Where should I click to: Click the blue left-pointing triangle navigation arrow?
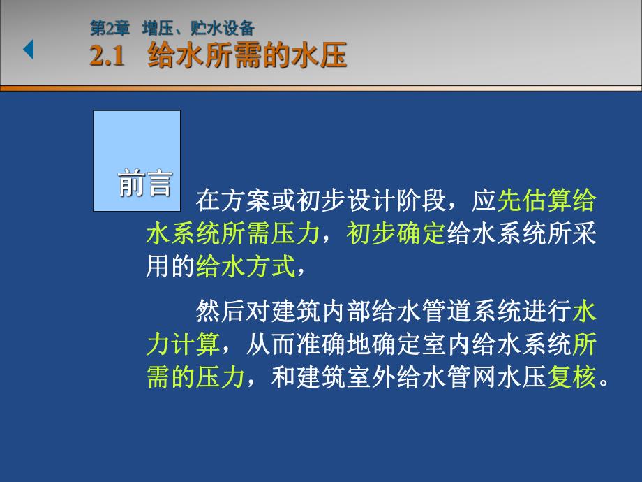click(29, 50)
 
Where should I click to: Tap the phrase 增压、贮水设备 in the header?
click(198, 28)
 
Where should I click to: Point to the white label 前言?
click(144, 182)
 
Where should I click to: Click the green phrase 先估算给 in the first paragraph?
click(546, 201)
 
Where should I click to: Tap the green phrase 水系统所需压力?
click(234, 234)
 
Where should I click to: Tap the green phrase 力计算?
click(183, 344)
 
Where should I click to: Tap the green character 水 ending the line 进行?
click(585, 311)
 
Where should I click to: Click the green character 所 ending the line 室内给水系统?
click(585, 344)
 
